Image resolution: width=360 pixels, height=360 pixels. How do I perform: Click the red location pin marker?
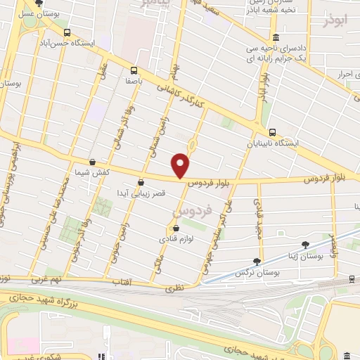point(181,165)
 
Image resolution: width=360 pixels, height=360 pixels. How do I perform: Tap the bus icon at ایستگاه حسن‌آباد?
point(67,33)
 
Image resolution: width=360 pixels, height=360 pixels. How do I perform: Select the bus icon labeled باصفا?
point(134,70)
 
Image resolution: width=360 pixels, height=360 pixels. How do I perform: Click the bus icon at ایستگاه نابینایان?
point(272,132)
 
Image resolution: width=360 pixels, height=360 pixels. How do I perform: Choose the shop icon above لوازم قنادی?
point(176,229)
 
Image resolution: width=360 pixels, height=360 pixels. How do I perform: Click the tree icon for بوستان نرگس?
point(259,261)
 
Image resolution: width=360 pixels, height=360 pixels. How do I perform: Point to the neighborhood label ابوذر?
point(335,20)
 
